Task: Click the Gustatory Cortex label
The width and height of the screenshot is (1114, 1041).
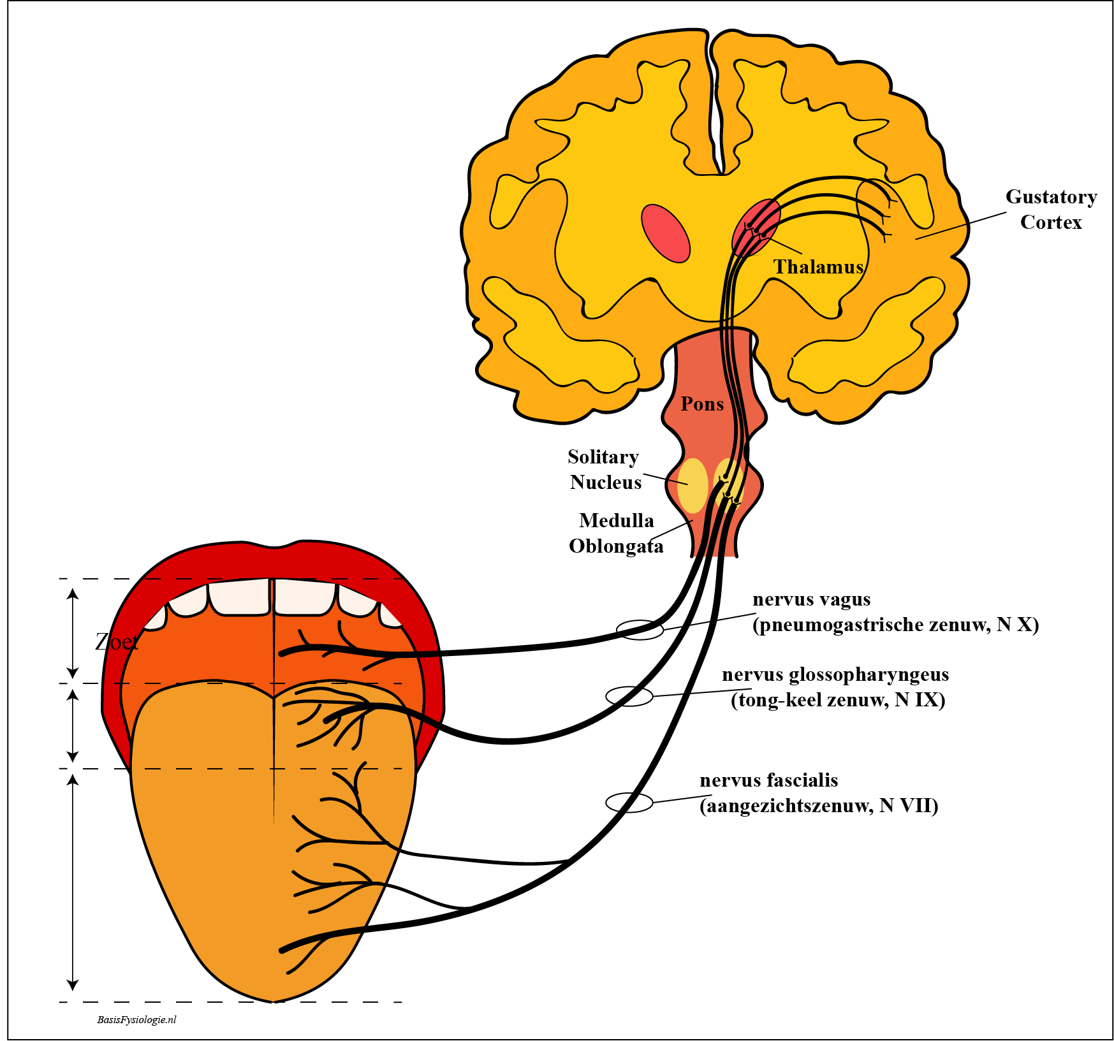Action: (x=1051, y=209)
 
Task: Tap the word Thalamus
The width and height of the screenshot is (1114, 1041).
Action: (x=818, y=266)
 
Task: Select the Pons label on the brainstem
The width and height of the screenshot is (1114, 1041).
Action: (x=702, y=404)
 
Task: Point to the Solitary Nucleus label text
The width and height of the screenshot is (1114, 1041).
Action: (x=605, y=469)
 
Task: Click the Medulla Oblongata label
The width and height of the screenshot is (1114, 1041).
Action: (x=616, y=534)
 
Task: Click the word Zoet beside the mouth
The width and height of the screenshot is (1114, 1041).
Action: (x=117, y=641)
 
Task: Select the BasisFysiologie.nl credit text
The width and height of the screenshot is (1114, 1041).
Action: (x=136, y=1019)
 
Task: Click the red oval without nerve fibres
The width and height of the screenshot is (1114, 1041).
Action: (x=666, y=233)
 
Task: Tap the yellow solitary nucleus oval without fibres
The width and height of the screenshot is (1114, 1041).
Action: (x=693, y=485)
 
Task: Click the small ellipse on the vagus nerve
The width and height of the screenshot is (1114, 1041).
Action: (x=640, y=630)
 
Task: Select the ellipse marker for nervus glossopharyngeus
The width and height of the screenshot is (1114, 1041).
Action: (x=629, y=696)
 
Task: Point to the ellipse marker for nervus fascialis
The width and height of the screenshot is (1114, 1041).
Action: (x=629, y=802)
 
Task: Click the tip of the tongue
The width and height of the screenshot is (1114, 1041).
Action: (x=274, y=998)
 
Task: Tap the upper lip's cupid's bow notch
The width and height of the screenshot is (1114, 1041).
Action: (x=274, y=546)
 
